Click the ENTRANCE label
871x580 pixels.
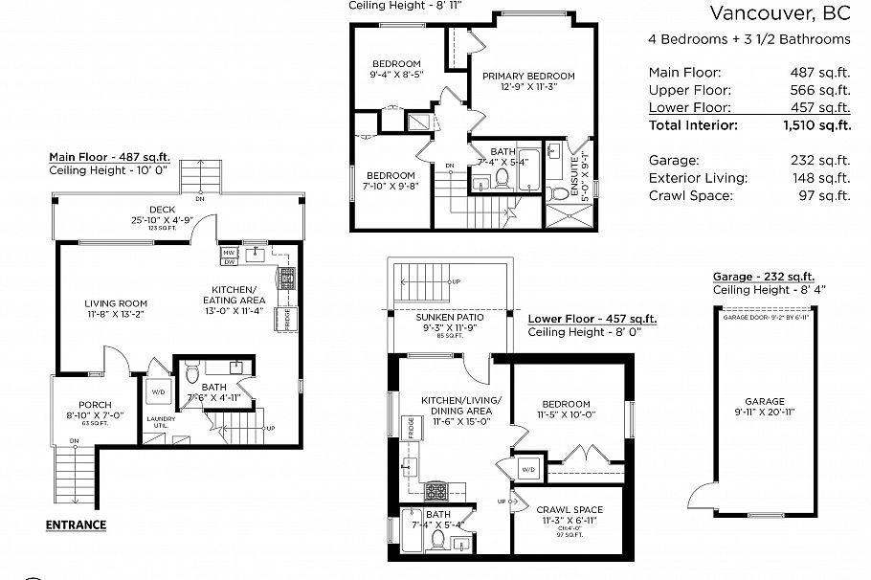76,524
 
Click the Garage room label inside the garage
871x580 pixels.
765,401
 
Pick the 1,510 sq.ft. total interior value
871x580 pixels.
816,125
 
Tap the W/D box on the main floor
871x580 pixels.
157,390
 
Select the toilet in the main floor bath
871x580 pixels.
191,370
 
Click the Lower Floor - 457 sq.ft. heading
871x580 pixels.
592,319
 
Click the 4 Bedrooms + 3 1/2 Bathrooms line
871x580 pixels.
749,39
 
